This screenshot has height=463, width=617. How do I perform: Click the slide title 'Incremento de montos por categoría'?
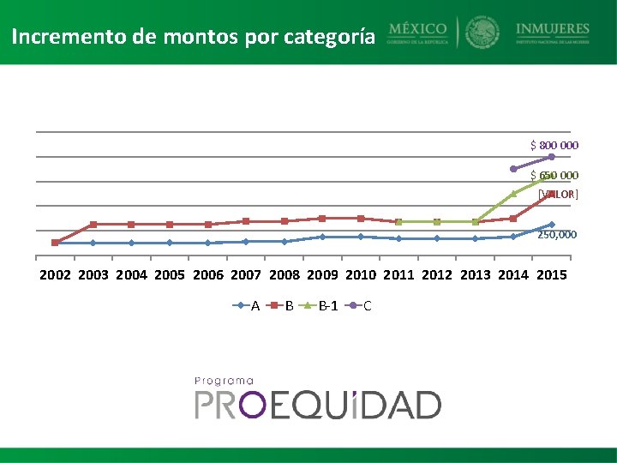[193, 38]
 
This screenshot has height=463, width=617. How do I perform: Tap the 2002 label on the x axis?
[56, 275]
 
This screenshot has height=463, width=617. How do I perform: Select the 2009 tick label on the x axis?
[322, 275]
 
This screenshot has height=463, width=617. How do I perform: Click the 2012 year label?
[437, 275]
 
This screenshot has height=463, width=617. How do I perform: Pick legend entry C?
[360, 306]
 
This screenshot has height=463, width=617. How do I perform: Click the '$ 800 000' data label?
[554, 145]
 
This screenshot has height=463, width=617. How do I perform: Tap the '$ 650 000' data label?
[554, 175]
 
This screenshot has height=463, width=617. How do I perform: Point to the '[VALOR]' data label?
[558, 194]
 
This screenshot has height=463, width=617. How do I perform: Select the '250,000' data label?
[557, 234]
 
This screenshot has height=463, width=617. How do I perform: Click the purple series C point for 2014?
[513, 169]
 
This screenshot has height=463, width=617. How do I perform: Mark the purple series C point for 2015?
[552, 157]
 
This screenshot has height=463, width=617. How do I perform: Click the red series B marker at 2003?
[93, 225]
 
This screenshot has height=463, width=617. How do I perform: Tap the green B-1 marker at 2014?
[513, 194]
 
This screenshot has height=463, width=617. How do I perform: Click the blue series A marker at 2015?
[552, 225]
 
